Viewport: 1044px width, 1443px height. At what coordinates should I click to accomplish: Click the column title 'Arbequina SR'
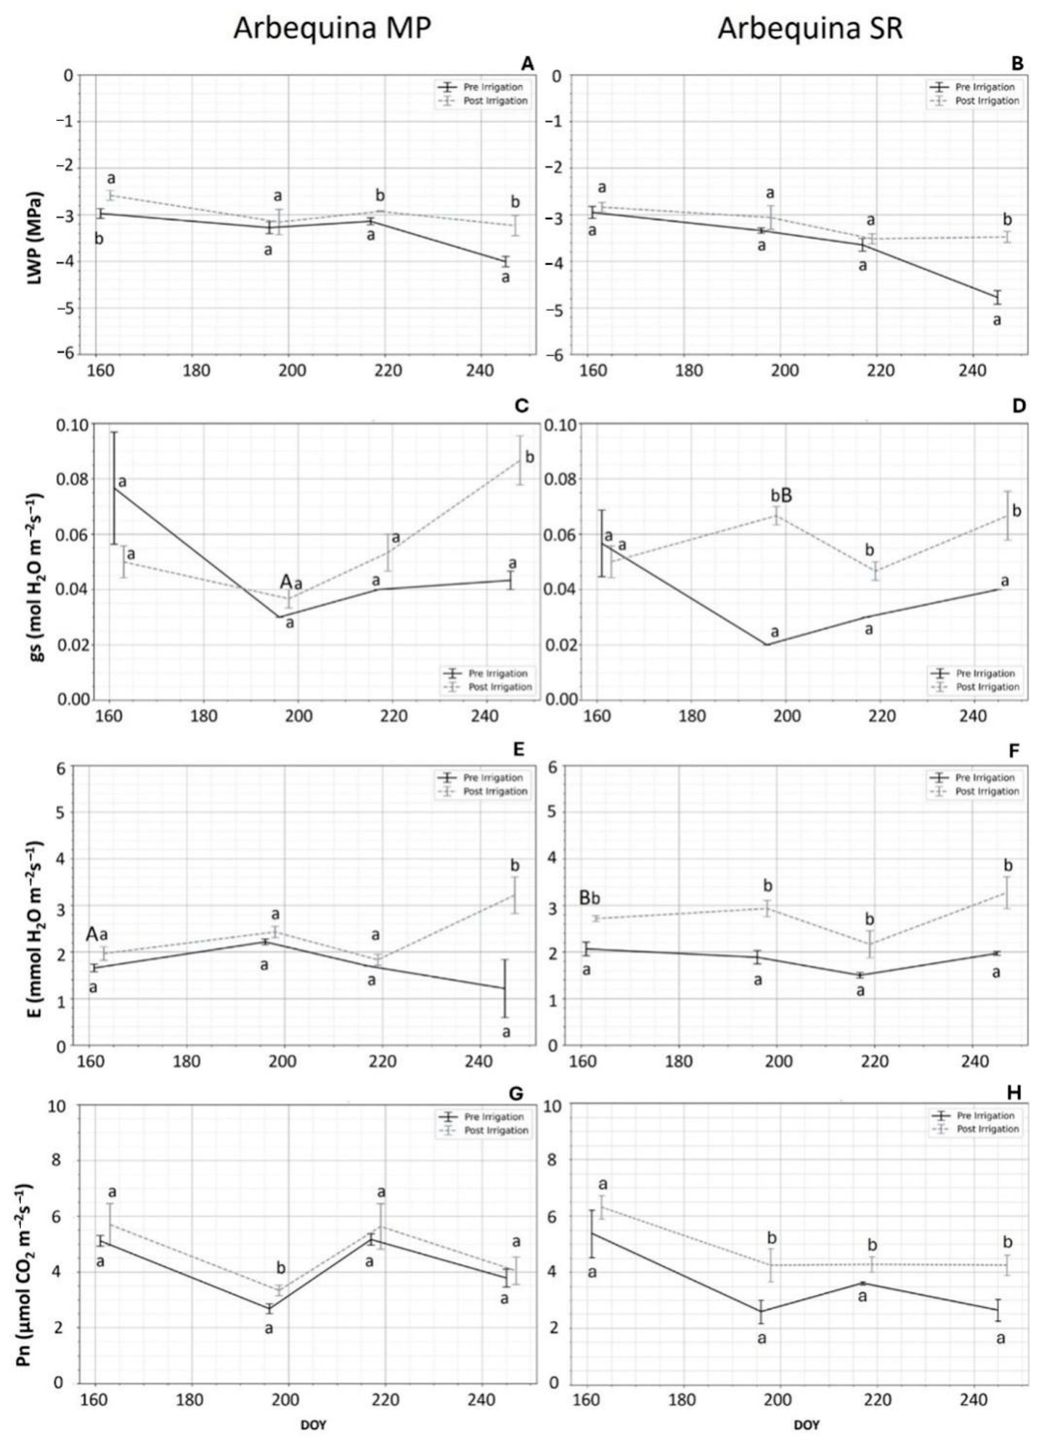click(x=810, y=30)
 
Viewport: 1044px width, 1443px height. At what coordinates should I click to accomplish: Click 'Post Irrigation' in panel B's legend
click(x=988, y=101)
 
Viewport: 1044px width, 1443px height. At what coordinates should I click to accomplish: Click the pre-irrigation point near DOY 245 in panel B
click(x=997, y=298)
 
